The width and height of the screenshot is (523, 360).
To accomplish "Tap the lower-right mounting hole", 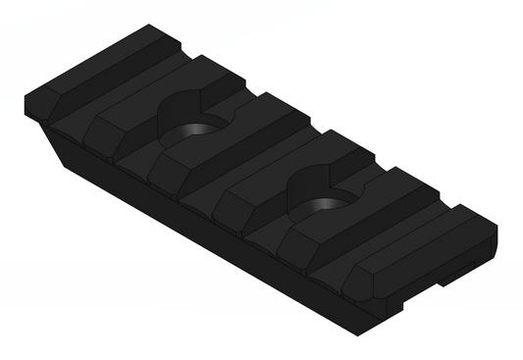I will click(x=325, y=207).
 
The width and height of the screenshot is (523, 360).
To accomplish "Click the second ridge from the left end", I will click(x=137, y=118).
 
